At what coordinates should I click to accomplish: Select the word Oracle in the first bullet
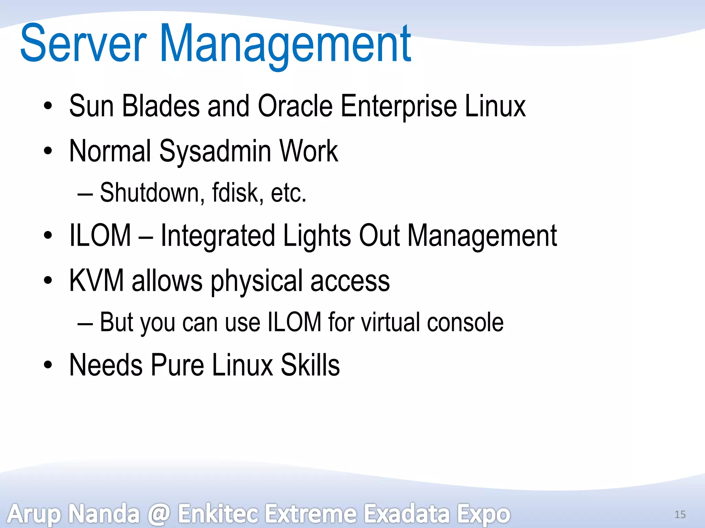point(295,106)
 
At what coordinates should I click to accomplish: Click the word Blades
point(161,106)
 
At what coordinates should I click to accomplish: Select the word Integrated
point(218,236)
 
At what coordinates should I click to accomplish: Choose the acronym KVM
point(96,280)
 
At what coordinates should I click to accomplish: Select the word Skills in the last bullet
point(310,365)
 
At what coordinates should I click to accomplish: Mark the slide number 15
point(680,514)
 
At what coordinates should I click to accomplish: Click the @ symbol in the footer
point(159,514)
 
